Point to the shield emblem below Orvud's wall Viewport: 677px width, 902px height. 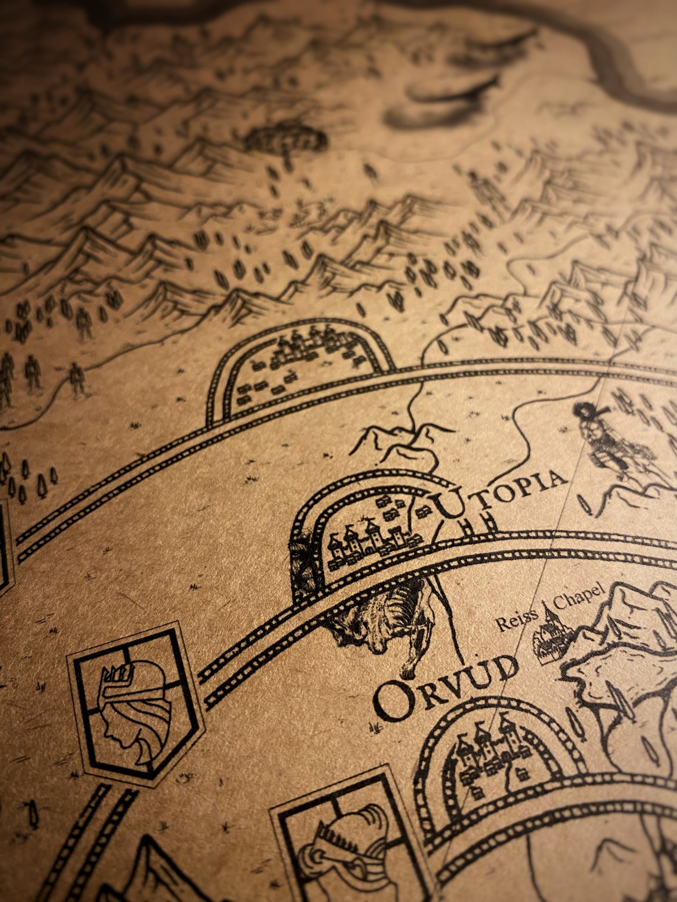(x=347, y=838)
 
